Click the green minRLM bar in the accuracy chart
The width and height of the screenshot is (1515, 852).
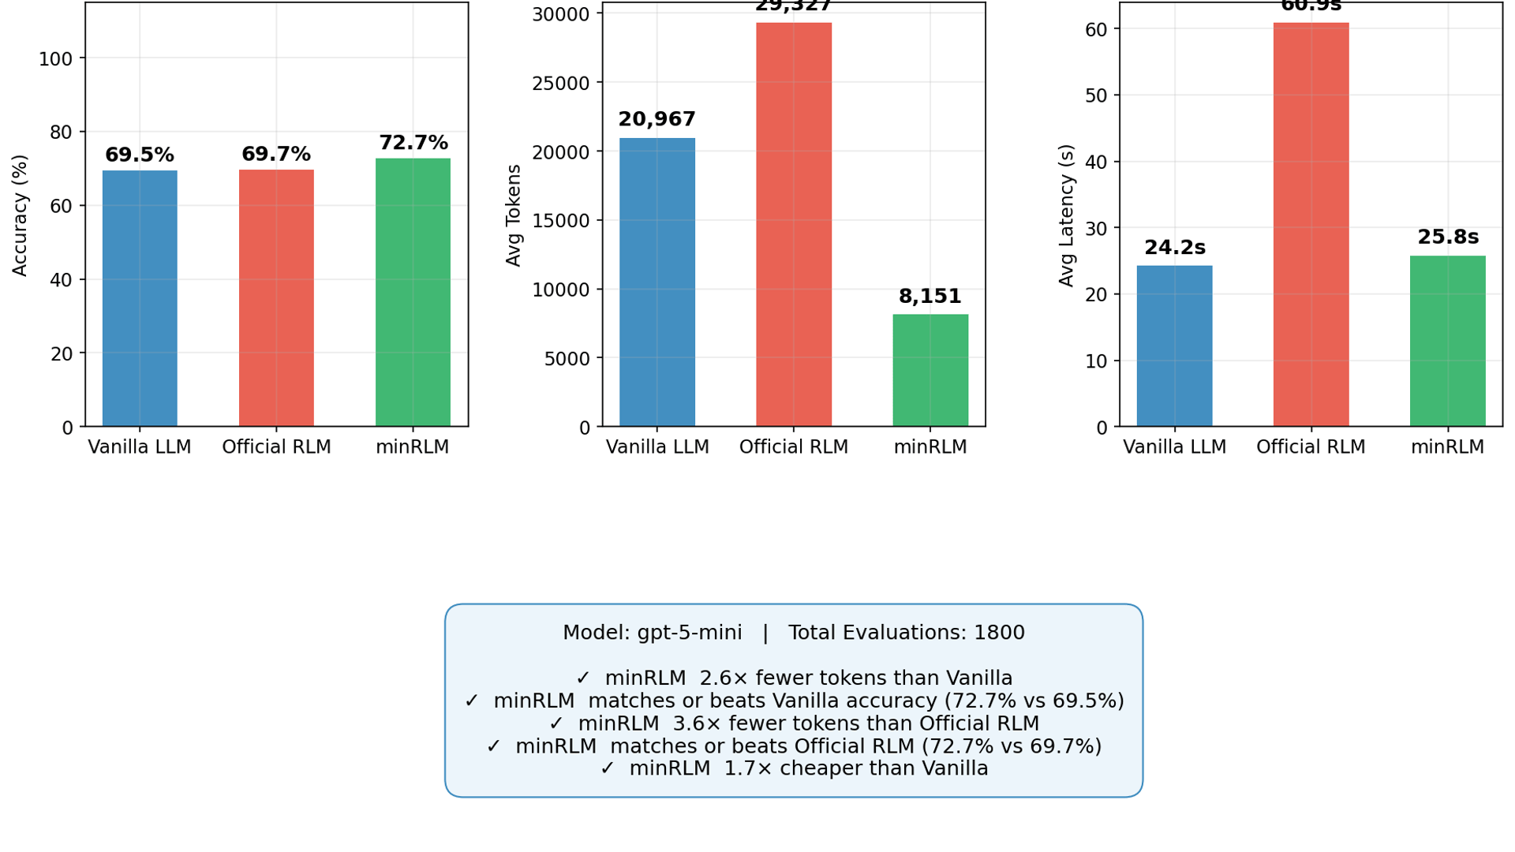[x=413, y=292]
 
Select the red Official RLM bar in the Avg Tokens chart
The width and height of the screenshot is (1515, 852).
[x=793, y=225]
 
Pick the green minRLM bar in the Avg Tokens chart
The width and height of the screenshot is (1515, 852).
[x=930, y=370]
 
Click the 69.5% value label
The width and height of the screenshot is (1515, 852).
[x=140, y=155]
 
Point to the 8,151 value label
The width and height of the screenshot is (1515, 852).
[x=930, y=297]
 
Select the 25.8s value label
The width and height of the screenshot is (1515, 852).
[x=1448, y=237]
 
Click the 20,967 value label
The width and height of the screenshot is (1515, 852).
[x=656, y=120]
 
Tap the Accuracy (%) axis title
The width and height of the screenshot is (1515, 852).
[x=20, y=215]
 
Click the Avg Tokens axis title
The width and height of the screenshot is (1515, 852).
[x=514, y=215]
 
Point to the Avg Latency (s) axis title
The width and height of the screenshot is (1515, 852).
[x=1067, y=215]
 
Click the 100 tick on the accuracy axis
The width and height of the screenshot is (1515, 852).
[x=55, y=59]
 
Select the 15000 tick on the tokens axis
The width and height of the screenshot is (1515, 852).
[x=561, y=221]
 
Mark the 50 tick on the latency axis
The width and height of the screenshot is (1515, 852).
[x=1098, y=95]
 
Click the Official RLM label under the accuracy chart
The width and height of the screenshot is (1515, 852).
[x=276, y=447]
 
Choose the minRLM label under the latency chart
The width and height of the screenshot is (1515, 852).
[x=1447, y=447]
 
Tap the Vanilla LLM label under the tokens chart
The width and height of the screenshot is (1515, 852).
[x=657, y=447]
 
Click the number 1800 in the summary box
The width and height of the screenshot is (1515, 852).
[x=999, y=633]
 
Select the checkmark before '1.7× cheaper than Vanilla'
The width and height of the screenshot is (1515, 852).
[x=607, y=768]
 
